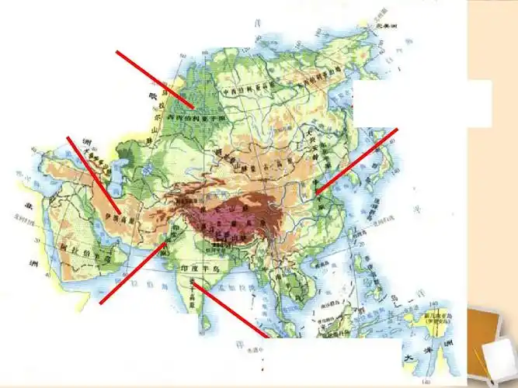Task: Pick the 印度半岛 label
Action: [x=191, y=267]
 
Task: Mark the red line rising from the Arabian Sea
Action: [x=132, y=272]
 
